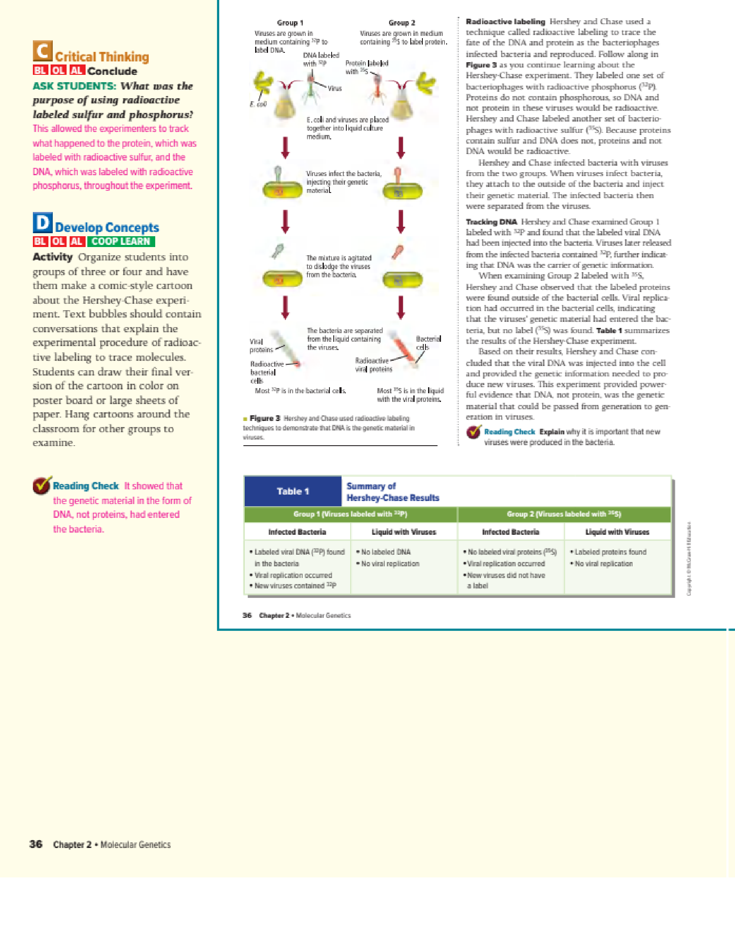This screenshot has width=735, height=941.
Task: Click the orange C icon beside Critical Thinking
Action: click(42, 51)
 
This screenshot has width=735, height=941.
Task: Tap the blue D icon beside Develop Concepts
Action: click(42, 222)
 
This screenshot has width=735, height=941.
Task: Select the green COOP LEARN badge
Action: click(121, 241)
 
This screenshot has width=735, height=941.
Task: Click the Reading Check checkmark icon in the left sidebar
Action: click(42, 485)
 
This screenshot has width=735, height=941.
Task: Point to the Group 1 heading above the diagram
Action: click(290, 23)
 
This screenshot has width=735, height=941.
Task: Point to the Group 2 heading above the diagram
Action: click(402, 23)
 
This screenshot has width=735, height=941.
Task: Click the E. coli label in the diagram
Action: click(258, 104)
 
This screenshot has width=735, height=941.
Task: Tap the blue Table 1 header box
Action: click(293, 491)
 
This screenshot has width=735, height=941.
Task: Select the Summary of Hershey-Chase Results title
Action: click(393, 492)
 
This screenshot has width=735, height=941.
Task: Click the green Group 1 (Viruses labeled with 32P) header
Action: click(350, 514)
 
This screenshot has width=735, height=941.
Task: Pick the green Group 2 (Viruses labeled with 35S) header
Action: click(564, 514)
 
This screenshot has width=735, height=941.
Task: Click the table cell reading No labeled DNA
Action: click(386, 552)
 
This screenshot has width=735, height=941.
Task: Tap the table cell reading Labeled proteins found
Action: click(610, 552)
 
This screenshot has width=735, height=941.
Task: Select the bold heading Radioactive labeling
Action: click(505, 22)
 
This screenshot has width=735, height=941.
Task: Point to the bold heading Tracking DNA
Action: click(491, 222)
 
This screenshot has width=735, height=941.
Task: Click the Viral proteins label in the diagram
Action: click(261, 346)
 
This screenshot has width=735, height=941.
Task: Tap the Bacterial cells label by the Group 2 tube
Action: click(428, 343)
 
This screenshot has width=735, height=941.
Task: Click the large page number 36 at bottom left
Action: click(35, 844)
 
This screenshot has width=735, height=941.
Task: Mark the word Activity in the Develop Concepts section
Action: click(53, 257)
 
